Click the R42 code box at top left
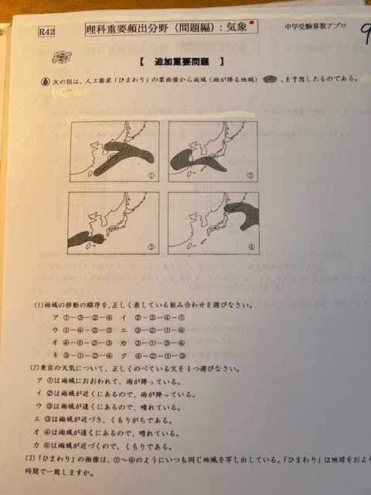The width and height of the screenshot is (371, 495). point(46,33)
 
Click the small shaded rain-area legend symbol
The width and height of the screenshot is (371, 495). point(271,79)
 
